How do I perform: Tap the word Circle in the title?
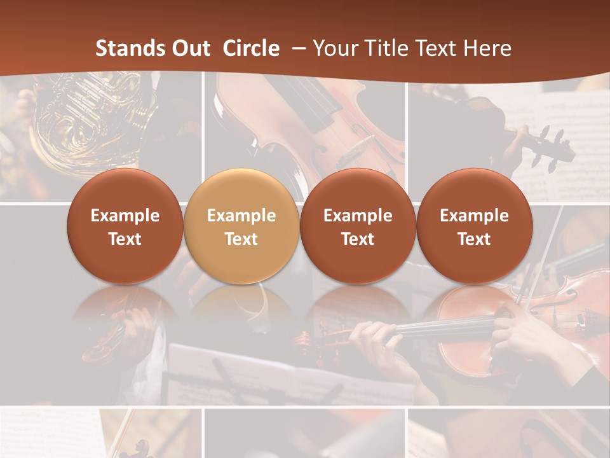(251, 48)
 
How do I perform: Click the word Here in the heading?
(487, 48)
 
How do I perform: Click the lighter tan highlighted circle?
(241, 226)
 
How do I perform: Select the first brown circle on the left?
(125, 226)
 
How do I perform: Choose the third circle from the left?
(358, 226)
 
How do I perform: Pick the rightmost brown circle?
(474, 226)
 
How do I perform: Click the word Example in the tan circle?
(241, 216)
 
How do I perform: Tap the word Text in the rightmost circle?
(474, 239)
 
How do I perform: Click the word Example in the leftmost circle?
(125, 216)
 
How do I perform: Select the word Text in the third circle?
(358, 239)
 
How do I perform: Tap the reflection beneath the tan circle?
(241, 305)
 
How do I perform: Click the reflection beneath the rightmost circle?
(474, 305)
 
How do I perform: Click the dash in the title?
(297, 48)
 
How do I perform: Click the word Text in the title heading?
(437, 48)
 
